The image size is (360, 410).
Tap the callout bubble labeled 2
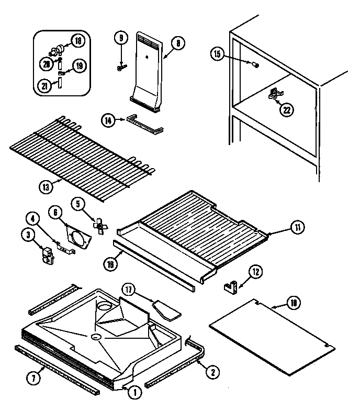point(212,372)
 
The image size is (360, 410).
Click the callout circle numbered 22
point(287,110)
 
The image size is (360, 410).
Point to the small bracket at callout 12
point(232,286)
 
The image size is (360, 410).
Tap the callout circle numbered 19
point(78,66)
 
